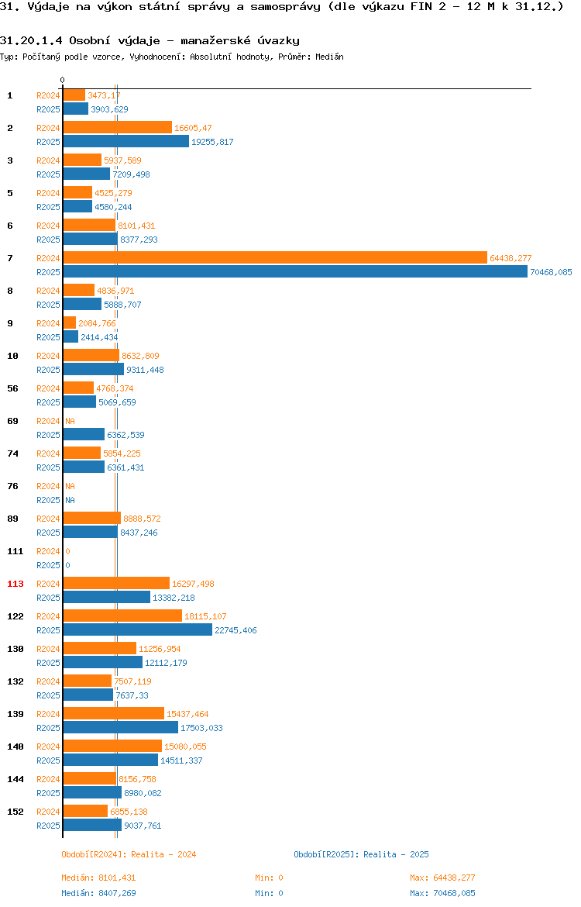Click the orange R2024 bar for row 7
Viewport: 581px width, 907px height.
point(275,258)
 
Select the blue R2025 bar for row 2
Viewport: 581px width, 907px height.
point(126,142)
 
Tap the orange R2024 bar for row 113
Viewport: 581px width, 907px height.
point(116,584)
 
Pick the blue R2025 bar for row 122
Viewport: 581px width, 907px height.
point(138,630)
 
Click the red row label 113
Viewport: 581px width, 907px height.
point(15,584)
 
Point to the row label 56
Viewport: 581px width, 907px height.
point(12,388)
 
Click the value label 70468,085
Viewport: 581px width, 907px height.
point(551,272)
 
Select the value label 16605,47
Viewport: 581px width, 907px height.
point(193,128)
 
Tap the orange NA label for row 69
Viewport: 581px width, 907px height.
point(70,421)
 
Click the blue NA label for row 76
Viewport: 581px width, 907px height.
point(70,500)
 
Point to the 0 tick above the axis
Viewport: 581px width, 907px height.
point(63,81)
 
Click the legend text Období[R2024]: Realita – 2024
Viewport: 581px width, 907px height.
point(129,854)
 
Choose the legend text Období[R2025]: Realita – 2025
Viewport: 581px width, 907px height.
point(361,854)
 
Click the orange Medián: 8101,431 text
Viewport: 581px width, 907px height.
point(99,878)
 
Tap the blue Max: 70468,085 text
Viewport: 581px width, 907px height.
point(443,893)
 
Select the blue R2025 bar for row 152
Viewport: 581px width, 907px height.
point(92,826)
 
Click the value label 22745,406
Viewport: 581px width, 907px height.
point(235,630)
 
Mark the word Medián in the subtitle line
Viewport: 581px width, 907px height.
point(329,57)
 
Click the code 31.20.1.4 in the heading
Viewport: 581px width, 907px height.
point(31,40)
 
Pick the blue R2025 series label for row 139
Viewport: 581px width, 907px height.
point(48,728)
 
